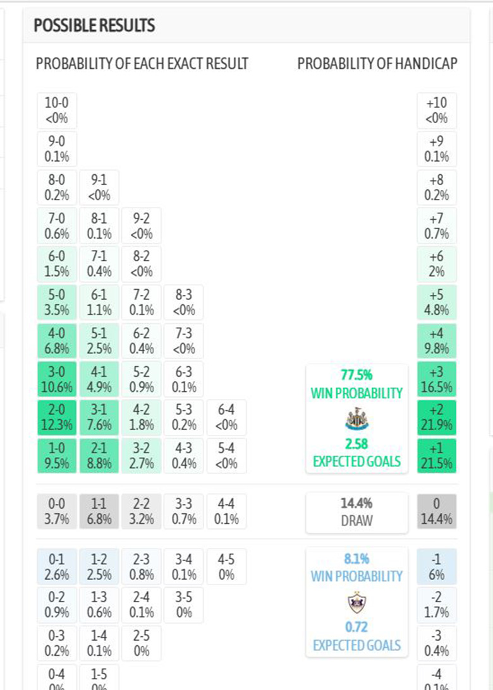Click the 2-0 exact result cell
57,417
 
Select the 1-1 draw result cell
99,511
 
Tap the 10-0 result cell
57,110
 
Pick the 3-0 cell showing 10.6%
57,378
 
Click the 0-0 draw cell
57,511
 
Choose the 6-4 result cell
226,417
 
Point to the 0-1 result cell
57,566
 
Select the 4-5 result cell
226,566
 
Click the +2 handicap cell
437,417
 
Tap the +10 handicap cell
437,110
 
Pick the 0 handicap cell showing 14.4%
437,511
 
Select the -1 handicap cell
437,566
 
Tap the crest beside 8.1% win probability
357,603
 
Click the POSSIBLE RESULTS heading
94,26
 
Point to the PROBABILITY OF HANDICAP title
377,64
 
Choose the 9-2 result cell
142,225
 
